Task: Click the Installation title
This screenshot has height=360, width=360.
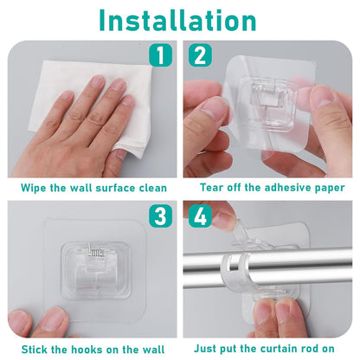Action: [x=180, y=20]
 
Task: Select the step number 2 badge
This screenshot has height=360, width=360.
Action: [x=199, y=56]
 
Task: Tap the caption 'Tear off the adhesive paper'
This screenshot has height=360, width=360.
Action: [x=272, y=187]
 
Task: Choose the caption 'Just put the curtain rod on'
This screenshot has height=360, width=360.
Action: [x=272, y=348]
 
